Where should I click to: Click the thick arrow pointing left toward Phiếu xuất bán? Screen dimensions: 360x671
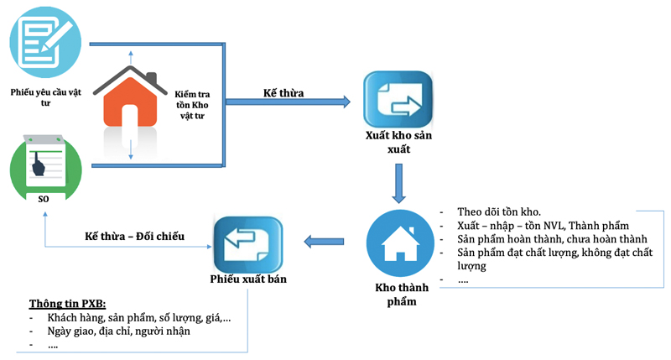coord(324,243)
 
